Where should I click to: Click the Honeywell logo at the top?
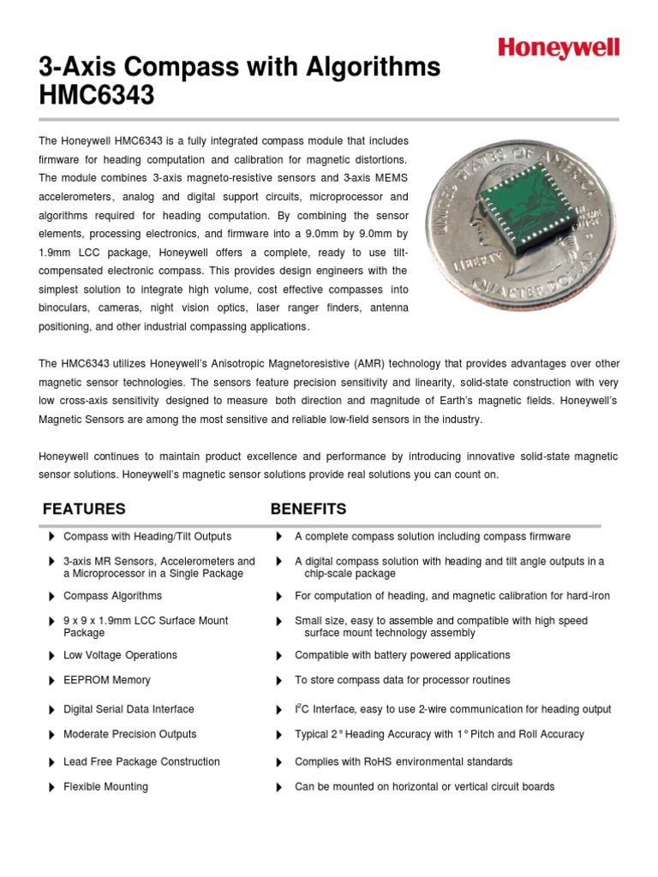pyautogui.click(x=558, y=48)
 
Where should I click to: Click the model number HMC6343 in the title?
pyautogui.click(x=97, y=96)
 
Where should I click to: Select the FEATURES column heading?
pyautogui.click(x=84, y=509)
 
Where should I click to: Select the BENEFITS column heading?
pyautogui.click(x=308, y=509)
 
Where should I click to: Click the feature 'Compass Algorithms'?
pyautogui.click(x=112, y=596)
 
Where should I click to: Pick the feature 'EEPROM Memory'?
pyautogui.click(x=106, y=680)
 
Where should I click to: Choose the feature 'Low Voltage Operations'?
pyautogui.click(x=120, y=655)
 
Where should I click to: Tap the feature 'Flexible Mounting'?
pyautogui.click(x=105, y=786)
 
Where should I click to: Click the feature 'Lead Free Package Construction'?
pyautogui.click(x=141, y=761)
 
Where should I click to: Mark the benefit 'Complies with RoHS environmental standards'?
pyautogui.click(x=404, y=761)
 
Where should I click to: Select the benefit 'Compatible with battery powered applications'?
pyautogui.click(x=402, y=655)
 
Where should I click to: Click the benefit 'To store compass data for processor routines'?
pyautogui.click(x=402, y=680)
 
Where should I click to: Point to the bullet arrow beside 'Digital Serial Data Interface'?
pyautogui.click(x=51, y=709)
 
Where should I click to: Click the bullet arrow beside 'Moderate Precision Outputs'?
pyautogui.click(x=51, y=734)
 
